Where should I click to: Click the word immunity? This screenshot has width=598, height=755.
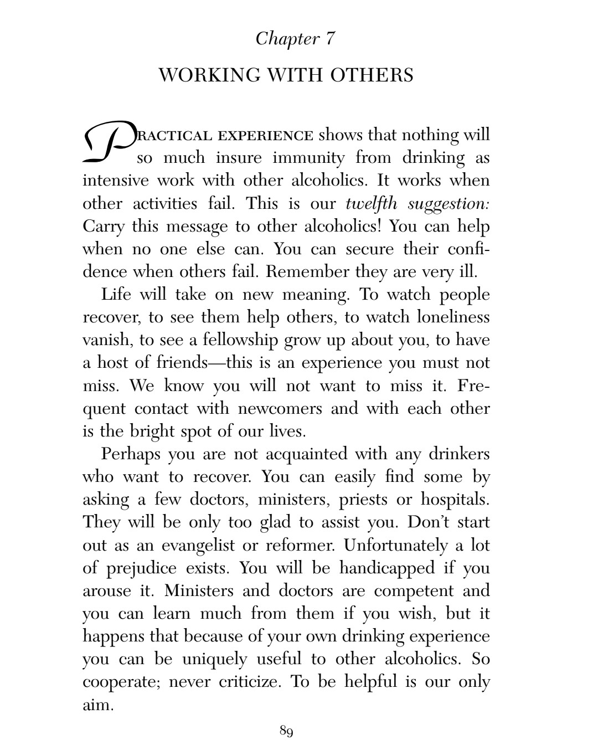point(308,158)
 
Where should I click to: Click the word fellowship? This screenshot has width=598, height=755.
point(240,340)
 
